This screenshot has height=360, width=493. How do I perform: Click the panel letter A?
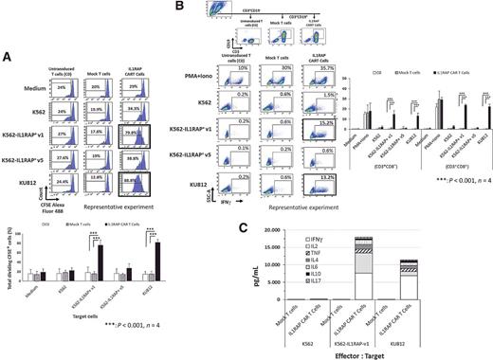point(7,55)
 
